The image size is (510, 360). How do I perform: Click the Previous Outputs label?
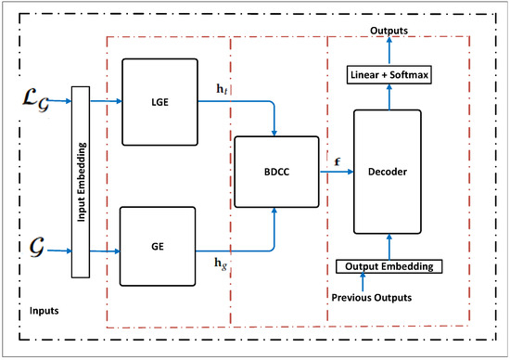click(x=372, y=297)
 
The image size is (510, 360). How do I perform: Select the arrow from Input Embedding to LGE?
click(x=106, y=103)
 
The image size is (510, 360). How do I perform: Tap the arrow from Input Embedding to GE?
click(x=106, y=251)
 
